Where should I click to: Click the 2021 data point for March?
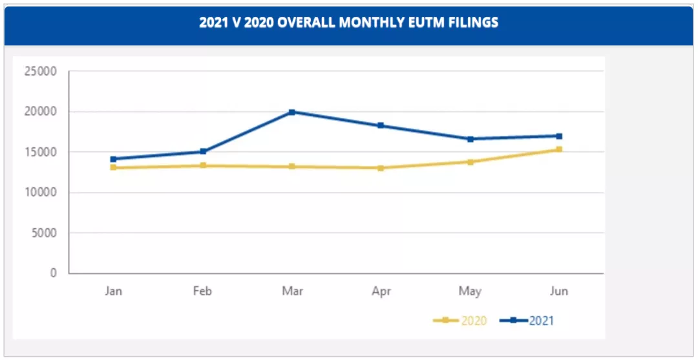point(292,112)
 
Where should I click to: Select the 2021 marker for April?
point(381,125)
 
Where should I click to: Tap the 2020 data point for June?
point(559,149)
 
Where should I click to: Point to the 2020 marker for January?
point(114,167)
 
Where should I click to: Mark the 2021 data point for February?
point(203,151)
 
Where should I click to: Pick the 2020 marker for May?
point(470,162)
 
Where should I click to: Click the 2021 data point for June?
point(559,136)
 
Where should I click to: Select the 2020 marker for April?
point(381,168)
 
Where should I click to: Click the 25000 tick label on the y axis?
point(40,71)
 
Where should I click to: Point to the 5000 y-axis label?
point(43,233)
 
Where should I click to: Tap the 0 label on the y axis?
point(53,273)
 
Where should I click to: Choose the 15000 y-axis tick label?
point(40,152)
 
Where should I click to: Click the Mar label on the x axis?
point(292,291)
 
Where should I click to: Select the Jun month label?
point(559,291)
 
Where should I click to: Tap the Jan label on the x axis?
point(114,291)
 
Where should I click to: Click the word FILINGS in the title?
point(471,23)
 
